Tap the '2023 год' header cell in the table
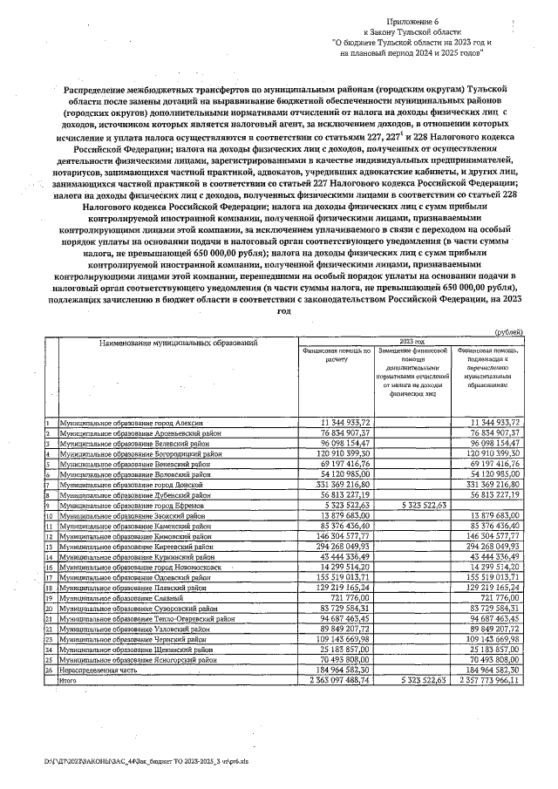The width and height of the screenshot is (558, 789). (412, 342)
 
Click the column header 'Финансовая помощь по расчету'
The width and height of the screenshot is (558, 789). (337, 355)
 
